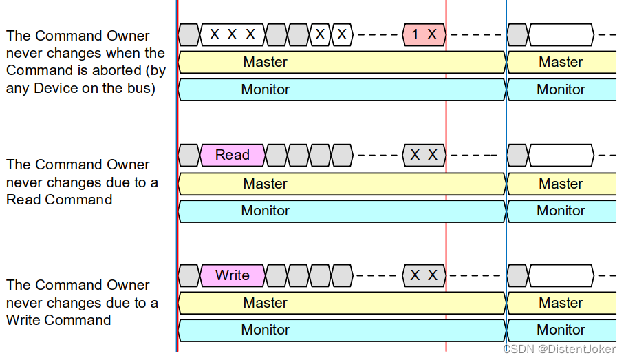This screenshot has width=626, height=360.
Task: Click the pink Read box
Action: tap(233, 155)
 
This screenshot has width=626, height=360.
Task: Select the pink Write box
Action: tap(233, 275)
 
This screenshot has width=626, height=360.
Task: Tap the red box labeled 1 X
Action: tap(424, 34)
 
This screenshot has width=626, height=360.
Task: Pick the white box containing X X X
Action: tap(233, 34)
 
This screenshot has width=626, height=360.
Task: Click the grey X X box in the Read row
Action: tap(424, 155)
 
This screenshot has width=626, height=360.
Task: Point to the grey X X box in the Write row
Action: tap(424, 275)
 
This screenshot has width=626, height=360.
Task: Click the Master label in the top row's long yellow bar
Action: tap(265, 62)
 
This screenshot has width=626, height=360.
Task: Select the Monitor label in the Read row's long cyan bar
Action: tap(265, 211)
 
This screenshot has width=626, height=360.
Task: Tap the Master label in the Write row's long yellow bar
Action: tap(265, 303)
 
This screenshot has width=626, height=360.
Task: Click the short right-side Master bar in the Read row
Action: tap(561, 184)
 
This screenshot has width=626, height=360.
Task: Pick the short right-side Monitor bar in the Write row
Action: tap(561, 330)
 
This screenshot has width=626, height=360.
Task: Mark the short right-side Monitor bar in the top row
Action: tap(561, 89)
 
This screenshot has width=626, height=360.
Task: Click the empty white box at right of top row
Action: tap(561, 34)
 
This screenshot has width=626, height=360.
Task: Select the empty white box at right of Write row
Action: tap(561, 275)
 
